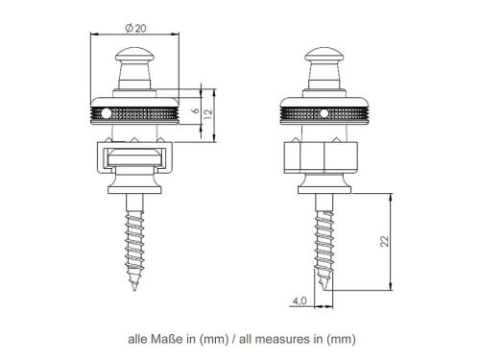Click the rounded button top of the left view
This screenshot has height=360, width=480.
[132, 58]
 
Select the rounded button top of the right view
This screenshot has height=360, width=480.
[324, 58]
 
